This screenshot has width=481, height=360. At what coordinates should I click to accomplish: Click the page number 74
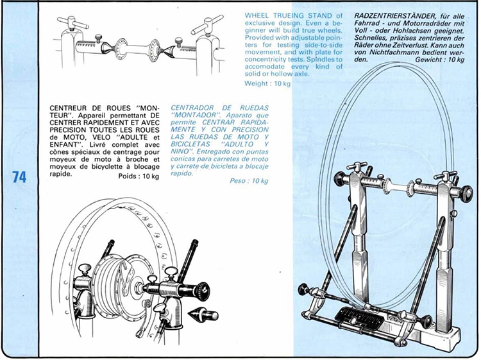pyautogui.click(x=19, y=178)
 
